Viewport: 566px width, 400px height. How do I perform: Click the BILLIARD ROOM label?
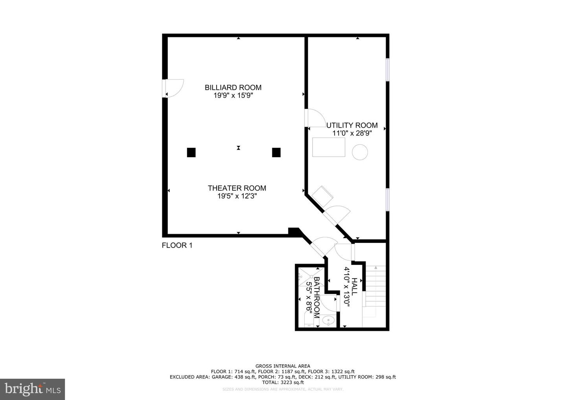(233, 88)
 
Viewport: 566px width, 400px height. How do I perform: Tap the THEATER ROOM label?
(237, 188)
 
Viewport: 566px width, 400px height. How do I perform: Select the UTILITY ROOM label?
(352, 125)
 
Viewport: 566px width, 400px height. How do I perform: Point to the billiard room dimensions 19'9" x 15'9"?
(233, 95)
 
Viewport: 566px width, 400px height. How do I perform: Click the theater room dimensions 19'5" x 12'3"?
(237, 196)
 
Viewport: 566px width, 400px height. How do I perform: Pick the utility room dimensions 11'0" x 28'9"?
(352, 133)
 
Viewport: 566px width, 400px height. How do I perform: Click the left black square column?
(191, 152)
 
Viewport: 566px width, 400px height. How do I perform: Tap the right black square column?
(276, 152)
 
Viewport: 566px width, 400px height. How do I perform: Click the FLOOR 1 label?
(177, 245)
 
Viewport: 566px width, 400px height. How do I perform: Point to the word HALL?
(354, 286)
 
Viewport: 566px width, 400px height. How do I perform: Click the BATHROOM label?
(317, 297)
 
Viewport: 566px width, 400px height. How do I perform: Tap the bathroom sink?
(328, 321)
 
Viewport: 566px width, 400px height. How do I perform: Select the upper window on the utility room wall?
(388, 70)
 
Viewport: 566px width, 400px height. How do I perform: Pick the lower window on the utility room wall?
(388, 200)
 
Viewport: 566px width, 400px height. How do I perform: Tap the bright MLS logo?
(33, 389)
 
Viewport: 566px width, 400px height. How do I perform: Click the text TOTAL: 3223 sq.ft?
(283, 382)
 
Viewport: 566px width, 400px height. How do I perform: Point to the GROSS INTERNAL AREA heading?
(283, 366)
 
